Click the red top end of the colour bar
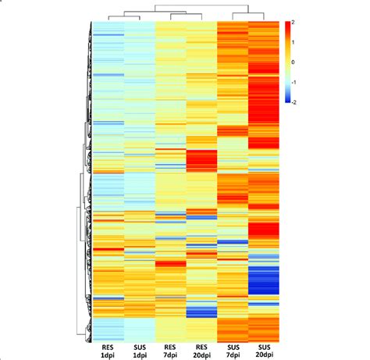[x=286, y=25]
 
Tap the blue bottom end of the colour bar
[x=286, y=98]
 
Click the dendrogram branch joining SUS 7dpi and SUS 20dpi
[x=247, y=14]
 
